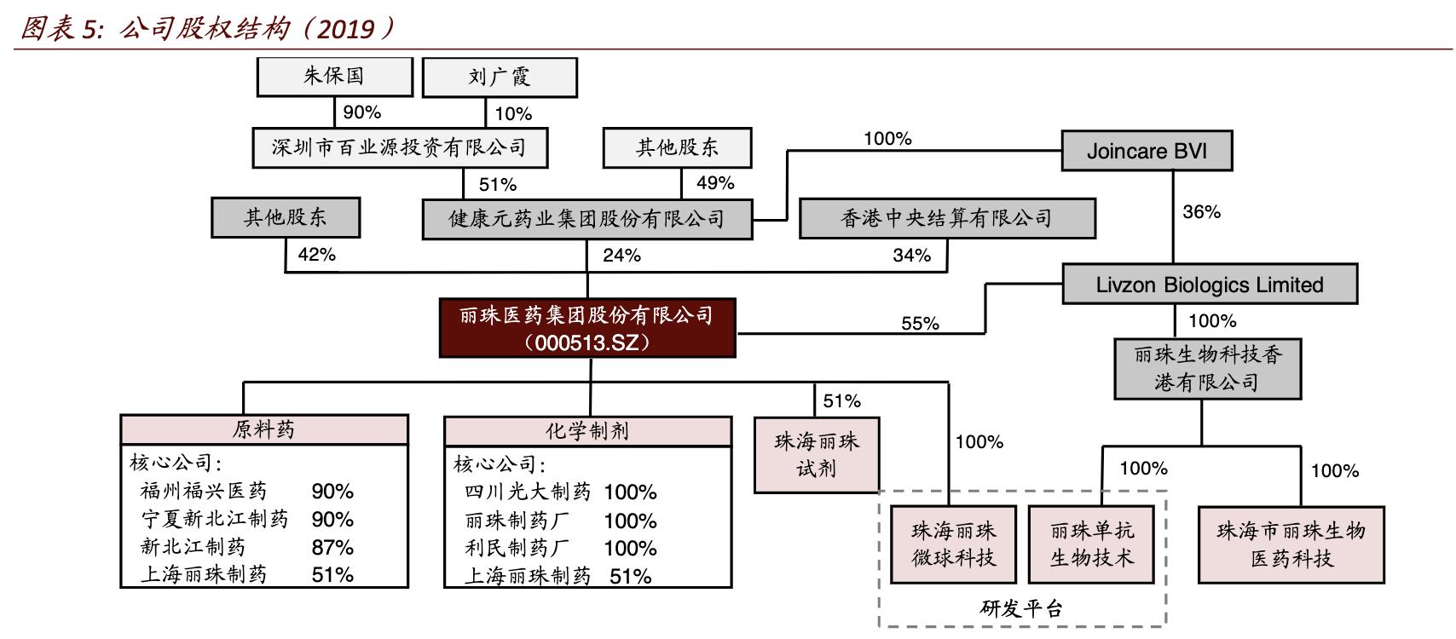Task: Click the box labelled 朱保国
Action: (334, 77)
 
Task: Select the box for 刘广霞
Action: (500, 78)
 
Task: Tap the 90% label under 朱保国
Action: (361, 112)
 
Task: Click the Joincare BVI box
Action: (1147, 151)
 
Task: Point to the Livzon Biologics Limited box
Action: (1210, 285)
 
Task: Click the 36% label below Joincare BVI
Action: (1201, 211)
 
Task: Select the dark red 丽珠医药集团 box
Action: (587, 328)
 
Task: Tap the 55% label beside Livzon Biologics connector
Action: (920, 324)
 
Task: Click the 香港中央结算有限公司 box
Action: (946, 218)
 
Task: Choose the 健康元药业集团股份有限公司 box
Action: (587, 218)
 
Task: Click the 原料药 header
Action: (264, 429)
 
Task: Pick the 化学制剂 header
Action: (587, 430)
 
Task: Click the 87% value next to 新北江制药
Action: (332, 547)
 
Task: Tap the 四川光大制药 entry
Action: (528, 492)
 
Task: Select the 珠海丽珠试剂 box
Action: (817, 454)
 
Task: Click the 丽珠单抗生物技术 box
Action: (1092, 544)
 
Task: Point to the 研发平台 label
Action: (1021, 609)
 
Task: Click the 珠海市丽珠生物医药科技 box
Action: (1291, 544)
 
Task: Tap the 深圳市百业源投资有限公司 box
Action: (400, 147)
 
